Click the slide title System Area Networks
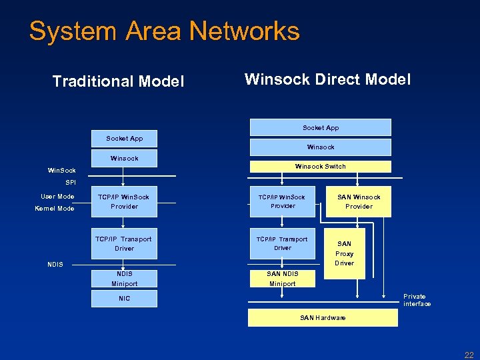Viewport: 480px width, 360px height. (x=165, y=31)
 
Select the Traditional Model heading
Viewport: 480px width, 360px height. (x=118, y=81)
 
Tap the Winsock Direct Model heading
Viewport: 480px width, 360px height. (x=327, y=80)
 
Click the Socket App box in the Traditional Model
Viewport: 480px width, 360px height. (x=124, y=139)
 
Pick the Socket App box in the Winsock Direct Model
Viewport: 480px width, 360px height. (x=321, y=127)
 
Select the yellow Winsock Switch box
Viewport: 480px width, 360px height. (x=321, y=167)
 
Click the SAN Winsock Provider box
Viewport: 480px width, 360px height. (x=359, y=201)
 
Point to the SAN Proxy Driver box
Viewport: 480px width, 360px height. (x=344, y=253)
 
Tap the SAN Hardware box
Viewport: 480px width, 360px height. (x=323, y=318)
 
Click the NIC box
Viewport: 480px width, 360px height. (x=124, y=299)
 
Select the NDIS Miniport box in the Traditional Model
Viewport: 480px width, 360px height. (x=124, y=279)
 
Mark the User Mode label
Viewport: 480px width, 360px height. (x=57, y=197)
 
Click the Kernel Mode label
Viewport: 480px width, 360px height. (x=55, y=209)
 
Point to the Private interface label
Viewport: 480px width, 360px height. (x=417, y=300)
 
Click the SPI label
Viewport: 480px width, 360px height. (x=71, y=182)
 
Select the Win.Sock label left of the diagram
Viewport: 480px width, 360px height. (x=61, y=171)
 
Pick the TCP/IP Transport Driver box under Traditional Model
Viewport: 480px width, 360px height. (x=124, y=243)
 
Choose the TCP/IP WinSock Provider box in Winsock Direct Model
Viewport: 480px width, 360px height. (x=283, y=201)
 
